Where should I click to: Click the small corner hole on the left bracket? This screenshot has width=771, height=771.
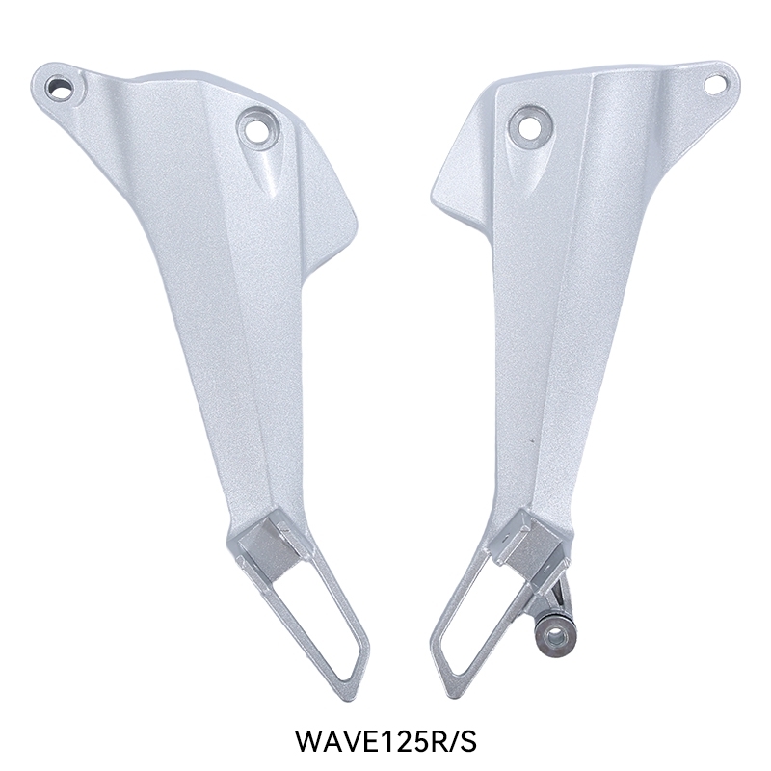(x=59, y=89)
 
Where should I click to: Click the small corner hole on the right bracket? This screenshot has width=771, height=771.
(x=715, y=84)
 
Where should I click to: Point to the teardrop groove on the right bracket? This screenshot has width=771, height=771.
(x=519, y=169)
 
